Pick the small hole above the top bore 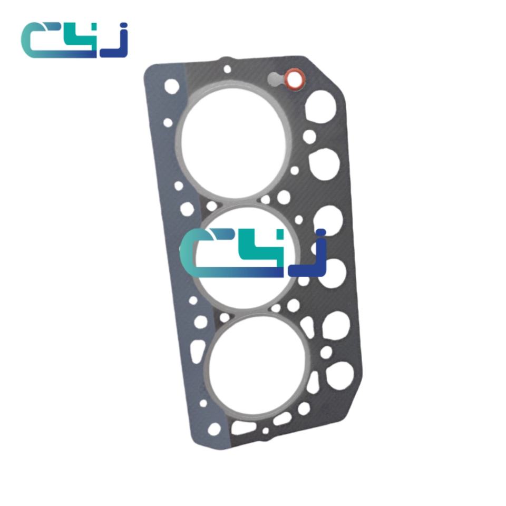tap(228, 69)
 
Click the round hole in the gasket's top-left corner tap(172, 86)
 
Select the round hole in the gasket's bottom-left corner tap(214, 429)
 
